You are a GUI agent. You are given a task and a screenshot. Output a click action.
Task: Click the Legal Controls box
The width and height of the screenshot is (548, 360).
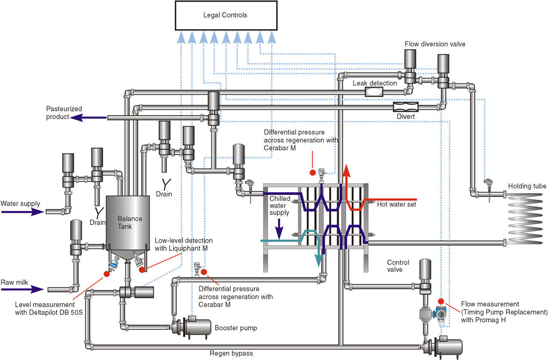226,15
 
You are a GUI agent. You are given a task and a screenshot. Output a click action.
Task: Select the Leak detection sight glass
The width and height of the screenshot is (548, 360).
374,91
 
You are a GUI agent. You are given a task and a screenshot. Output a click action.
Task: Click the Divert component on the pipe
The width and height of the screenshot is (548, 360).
406,106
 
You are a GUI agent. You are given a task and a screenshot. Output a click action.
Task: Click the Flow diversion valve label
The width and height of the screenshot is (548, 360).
435,44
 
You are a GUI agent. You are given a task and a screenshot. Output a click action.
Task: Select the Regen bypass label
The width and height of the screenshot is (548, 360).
231,354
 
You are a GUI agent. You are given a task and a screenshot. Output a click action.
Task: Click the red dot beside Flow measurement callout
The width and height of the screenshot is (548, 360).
440,301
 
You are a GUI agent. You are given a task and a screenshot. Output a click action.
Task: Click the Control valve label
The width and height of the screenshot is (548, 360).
398,266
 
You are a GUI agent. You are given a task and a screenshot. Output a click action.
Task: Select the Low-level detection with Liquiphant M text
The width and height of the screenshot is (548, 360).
183,244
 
